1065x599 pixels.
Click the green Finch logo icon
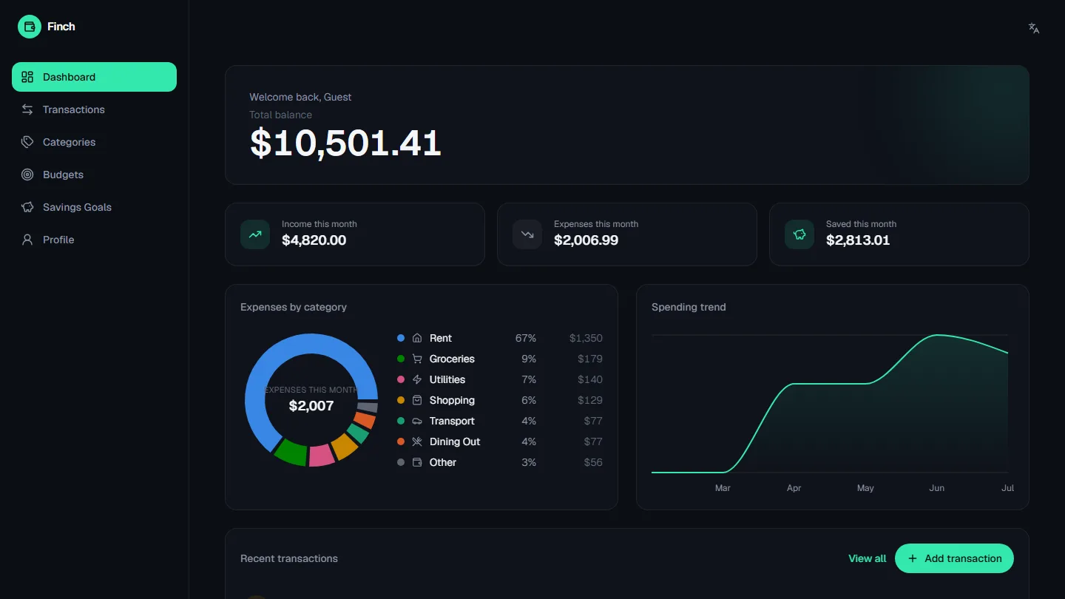tap(30, 27)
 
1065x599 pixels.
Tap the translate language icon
tap(1034, 28)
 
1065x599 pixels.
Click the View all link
tap(868, 558)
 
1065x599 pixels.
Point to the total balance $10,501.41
tap(345, 143)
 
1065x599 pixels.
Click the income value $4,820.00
tap(314, 240)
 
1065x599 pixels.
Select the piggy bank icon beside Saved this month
tap(799, 234)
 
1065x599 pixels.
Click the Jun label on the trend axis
tap(936, 488)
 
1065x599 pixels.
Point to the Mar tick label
tap(723, 488)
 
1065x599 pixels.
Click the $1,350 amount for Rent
tap(586, 338)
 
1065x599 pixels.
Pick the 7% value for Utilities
tap(529, 379)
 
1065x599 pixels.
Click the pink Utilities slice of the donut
tap(322, 456)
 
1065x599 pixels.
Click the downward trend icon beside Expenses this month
tap(527, 234)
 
